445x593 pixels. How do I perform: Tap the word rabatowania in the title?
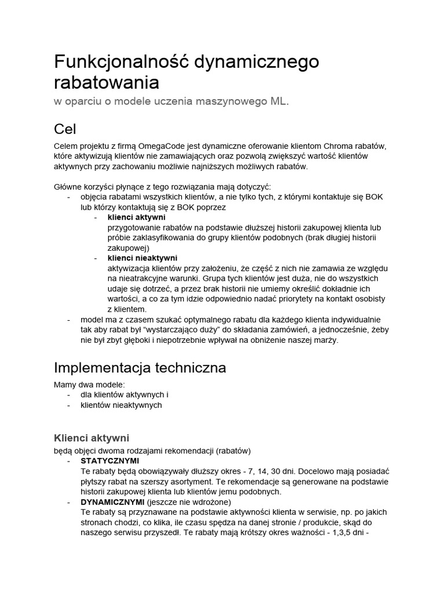click(106, 82)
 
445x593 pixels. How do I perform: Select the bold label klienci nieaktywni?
click(142, 258)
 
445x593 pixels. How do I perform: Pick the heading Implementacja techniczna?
click(140, 368)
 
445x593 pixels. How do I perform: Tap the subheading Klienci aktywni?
click(92, 437)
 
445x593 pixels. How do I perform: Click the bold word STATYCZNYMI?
click(110, 461)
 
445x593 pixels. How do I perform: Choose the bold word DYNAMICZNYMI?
click(112, 502)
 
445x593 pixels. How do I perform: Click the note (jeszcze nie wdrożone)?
click(189, 502)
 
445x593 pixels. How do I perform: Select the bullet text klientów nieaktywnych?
click(121, 405)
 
